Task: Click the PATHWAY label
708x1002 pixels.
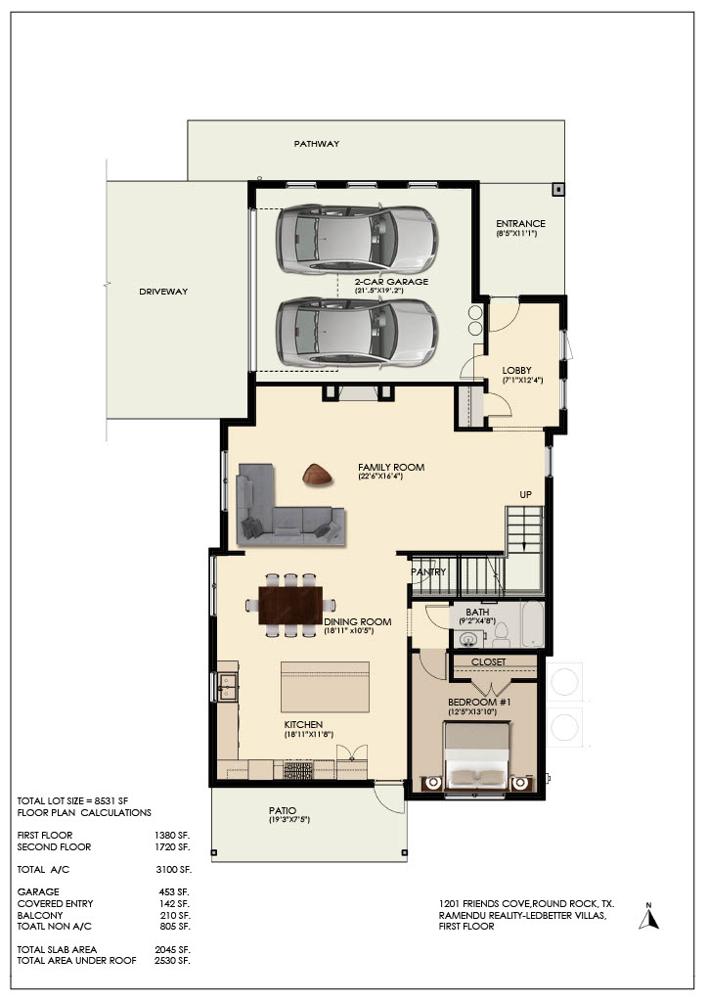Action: [316, 144]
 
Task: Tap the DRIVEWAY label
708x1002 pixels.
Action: [163, 292]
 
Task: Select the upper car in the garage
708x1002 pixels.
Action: [357, 240]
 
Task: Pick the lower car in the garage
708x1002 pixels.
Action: [357, 333]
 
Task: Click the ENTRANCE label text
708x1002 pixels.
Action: [520, 224]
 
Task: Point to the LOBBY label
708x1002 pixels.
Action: [516, 371]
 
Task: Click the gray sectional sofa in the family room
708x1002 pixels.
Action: [289, 508]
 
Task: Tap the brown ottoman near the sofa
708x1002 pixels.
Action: [317, 475]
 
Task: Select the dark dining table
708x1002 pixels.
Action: [290, 605]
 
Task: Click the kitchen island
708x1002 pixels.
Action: [325, 687]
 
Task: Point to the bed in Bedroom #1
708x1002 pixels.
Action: [477, 756]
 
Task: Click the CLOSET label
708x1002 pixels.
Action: [488, 662]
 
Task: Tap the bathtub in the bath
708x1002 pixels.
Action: [532, 623]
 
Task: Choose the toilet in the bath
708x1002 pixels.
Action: [501, 633]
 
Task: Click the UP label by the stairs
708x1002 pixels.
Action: [525, 494]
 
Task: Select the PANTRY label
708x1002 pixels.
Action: [428, 571]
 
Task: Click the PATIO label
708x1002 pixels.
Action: [283, 811]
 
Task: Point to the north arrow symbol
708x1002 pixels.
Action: [648, 917]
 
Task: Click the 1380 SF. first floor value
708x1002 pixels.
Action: [172, 836]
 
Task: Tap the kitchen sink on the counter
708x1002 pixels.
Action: [227, 687]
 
